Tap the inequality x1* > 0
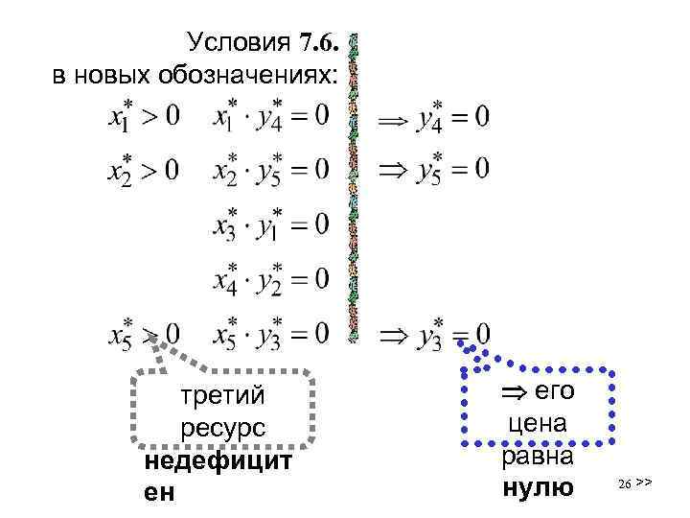(x=144, y=117)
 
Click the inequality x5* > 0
(x=144, y=335)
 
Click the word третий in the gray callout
(x=222, y=395)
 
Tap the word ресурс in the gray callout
(x=222, y=428)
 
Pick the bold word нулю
(x=536, y=488)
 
